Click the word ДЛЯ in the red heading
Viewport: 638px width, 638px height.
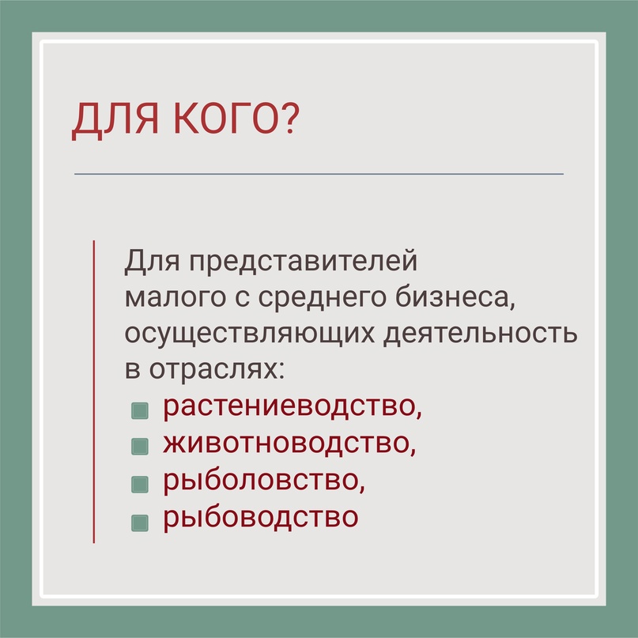(115, 120)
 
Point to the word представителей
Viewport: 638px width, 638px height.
(303, 262)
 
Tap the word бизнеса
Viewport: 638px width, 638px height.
(455, 297)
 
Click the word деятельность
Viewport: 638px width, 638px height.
(480, 334)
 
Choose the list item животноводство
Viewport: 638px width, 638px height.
(289, 444)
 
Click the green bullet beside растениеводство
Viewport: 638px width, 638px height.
(140, 411)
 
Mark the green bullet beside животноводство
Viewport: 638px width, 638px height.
(140, 447)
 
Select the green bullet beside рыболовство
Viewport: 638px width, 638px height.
(140, 484)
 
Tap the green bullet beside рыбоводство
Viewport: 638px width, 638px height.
(140, 523)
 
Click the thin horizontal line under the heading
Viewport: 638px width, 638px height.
(319, 174)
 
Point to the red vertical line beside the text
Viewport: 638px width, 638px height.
(94, 391)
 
